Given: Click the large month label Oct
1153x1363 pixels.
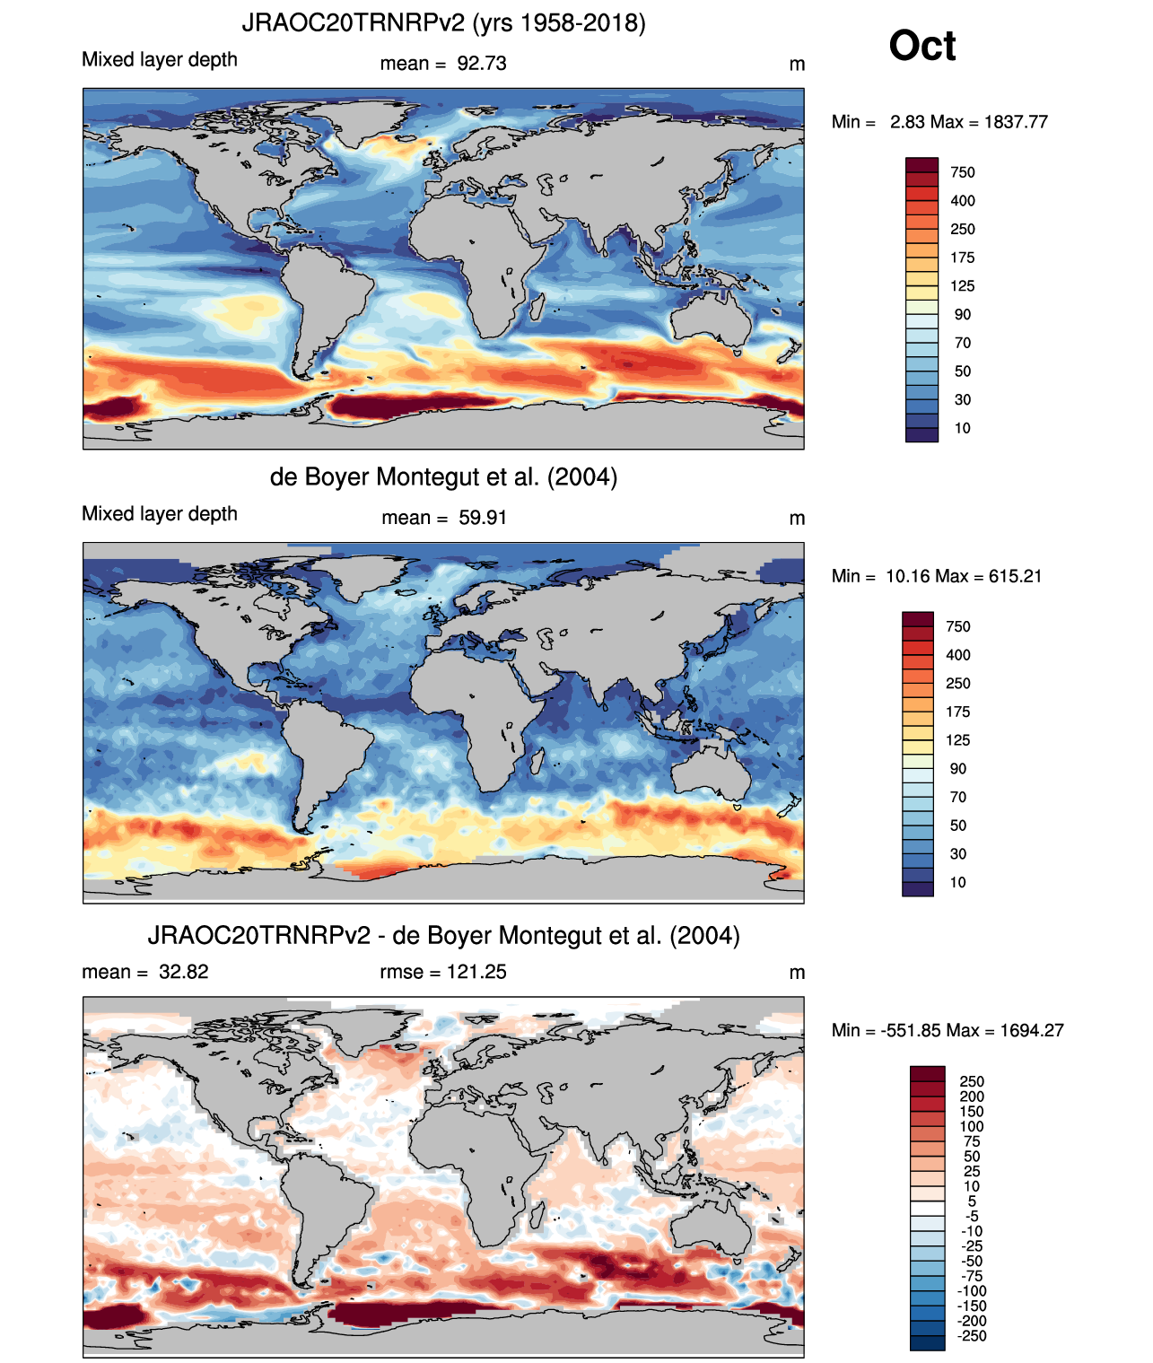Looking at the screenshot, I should coord(922,46).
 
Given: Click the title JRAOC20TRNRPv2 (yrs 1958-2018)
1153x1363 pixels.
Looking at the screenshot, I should coord(443,22).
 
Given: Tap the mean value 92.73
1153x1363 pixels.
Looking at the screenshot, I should coord(482,64).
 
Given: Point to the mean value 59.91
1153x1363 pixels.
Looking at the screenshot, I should coord(483,518).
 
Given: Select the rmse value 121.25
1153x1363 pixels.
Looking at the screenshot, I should coord(476,972).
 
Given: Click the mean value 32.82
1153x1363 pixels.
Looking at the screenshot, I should coord(183,972).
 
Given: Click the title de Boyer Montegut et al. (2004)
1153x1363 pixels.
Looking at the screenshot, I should coord(443,476).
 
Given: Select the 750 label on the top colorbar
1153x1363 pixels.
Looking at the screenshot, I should coord(962,172).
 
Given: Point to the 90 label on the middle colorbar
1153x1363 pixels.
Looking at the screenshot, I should coord(957,769).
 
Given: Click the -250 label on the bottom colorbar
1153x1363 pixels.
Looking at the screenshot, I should coord(972,1336).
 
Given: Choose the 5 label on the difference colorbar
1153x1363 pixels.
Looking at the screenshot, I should coord(972,1201).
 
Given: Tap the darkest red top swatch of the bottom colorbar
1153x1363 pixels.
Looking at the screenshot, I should coord(927,1073).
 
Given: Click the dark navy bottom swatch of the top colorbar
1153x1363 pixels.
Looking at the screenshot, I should coord(922,434).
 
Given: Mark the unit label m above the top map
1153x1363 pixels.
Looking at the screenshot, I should coord(797,64).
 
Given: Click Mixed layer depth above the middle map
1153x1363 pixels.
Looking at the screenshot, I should coord(160,514).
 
